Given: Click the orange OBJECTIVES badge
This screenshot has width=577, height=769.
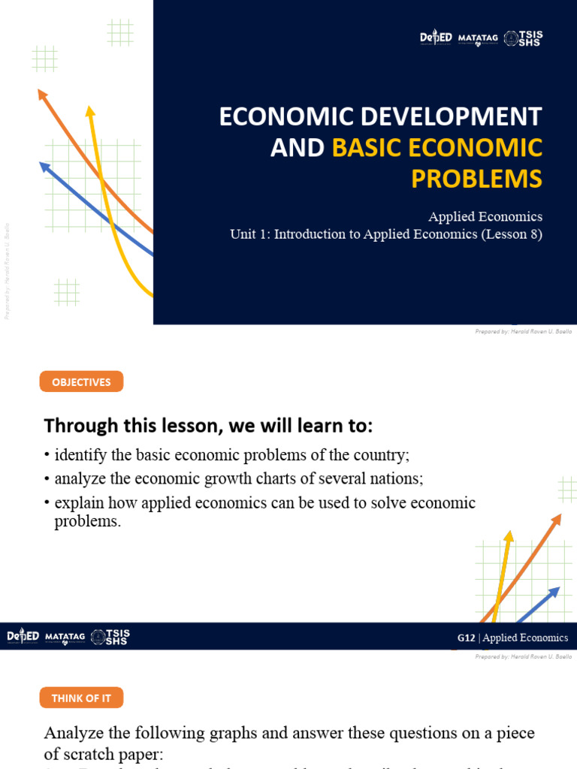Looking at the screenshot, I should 81,382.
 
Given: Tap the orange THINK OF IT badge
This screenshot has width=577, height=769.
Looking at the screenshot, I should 81,698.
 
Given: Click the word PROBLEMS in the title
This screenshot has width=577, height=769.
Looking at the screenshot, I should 476,179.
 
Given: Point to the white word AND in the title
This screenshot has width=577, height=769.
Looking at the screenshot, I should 297,148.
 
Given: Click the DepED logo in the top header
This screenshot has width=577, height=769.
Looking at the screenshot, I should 436,38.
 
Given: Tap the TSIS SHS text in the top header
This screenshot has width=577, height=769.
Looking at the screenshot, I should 531,38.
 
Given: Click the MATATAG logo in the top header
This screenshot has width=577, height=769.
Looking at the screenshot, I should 477,38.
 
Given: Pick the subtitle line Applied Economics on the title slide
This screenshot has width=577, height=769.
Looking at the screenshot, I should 485,216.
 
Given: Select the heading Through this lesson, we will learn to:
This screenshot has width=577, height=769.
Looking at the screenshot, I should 208,426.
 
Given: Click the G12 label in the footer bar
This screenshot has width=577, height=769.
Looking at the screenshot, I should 466,638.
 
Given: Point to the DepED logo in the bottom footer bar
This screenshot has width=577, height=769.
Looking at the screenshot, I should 23,637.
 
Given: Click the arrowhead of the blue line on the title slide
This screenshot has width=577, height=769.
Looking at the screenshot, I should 44,166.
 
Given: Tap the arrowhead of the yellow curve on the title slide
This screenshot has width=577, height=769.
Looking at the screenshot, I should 90,111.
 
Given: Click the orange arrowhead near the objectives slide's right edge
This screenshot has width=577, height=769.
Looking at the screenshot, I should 557,519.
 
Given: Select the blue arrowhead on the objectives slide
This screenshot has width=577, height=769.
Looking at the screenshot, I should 555,591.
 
